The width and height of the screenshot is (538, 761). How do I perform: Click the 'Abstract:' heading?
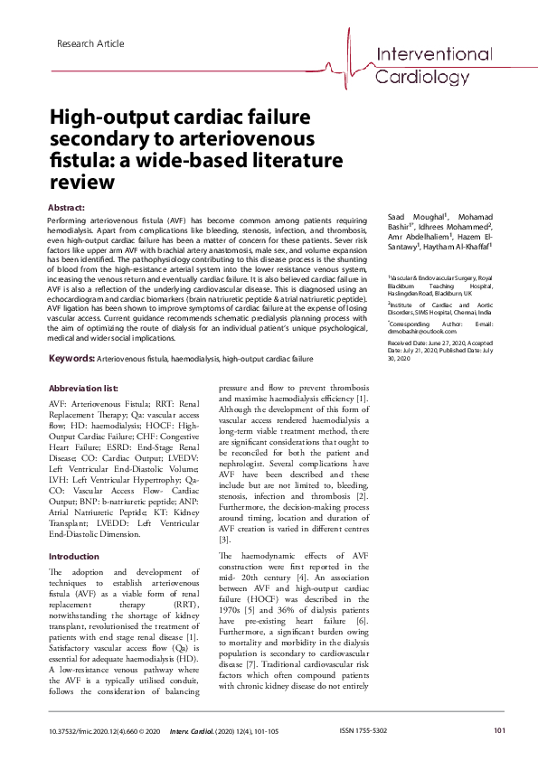click(x=66, y=208)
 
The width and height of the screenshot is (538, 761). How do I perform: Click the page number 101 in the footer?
click(x=499, y=730)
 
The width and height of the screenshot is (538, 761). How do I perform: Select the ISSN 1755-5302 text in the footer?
click(x=363, y=730)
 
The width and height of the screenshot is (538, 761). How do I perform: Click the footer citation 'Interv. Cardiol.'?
click(x=195, y=730)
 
